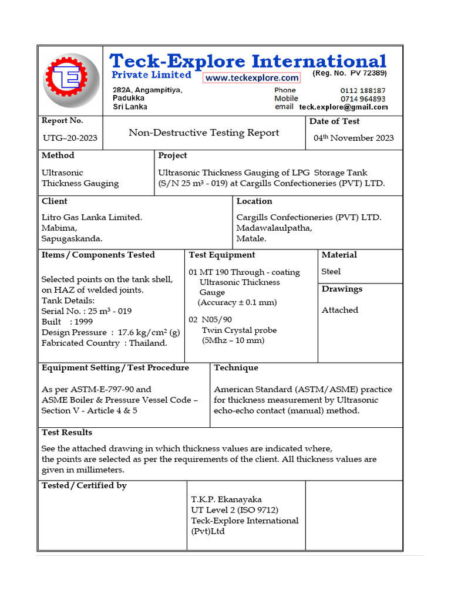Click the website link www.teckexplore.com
[251, 78]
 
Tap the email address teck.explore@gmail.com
[344, 107]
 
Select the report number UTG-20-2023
[70, 139]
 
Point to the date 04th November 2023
[354, 138]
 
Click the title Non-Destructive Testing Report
[204, 133]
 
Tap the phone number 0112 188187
[363, 90]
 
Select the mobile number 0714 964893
[363, 99]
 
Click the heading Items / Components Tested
[98, 255]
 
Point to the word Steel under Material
[331, 271]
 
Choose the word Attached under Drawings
[339, 310]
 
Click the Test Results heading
[67, 433]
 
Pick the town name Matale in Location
[251, 238]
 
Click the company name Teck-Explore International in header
[248, 61]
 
